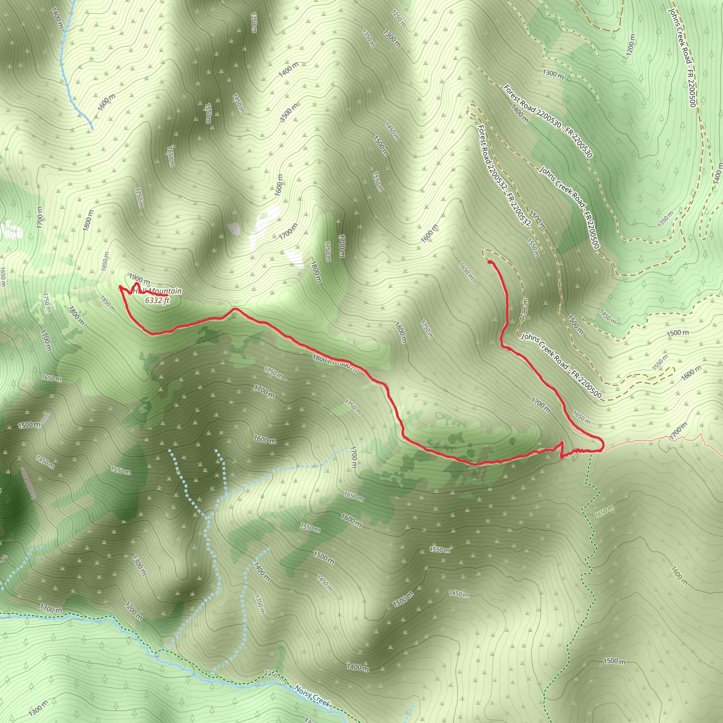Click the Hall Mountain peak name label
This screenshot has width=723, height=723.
point(157,291)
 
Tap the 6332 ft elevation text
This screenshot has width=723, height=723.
point(157,300)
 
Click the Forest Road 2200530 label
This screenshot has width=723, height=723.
point(548,121)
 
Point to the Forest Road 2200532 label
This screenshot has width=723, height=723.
point(504,175)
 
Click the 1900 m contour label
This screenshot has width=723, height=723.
point(139,279)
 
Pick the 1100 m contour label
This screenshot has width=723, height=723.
point(51,609)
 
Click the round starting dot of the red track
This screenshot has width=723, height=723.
point(490,262)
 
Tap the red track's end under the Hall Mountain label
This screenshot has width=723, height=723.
point(166,296)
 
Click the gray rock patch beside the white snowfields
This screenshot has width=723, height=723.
point(234,228)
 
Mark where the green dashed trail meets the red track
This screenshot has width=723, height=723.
point(590,451)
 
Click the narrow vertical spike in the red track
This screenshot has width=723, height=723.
point(562,448)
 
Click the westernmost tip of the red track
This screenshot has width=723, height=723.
point(120,287)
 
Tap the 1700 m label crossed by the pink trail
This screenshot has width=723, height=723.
point(679,431)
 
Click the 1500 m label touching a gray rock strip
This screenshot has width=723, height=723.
point(29,425)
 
